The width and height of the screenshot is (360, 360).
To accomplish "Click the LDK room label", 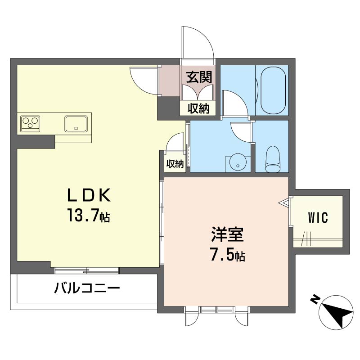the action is [89, 195].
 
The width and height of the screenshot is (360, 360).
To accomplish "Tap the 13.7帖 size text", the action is [89, 215].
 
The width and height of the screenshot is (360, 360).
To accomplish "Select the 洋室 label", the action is [227, 234].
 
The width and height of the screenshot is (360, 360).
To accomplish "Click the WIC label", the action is [318, 218].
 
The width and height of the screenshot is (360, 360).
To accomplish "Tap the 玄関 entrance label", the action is [199, 77].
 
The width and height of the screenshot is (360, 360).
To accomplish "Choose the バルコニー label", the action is [87, 288].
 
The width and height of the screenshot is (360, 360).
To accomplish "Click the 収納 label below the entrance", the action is [199, 108].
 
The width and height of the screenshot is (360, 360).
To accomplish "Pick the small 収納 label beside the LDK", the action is [175, 164].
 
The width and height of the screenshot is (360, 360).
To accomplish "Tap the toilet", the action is [273, 159].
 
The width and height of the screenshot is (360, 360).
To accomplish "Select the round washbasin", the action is [238, 162].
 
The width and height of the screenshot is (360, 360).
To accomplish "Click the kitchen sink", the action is [76, 124].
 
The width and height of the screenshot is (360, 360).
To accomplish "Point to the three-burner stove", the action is [30, 124].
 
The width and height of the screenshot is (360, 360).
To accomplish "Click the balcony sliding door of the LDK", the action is [87, 270].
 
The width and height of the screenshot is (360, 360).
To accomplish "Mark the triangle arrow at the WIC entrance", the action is [284, 203].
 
